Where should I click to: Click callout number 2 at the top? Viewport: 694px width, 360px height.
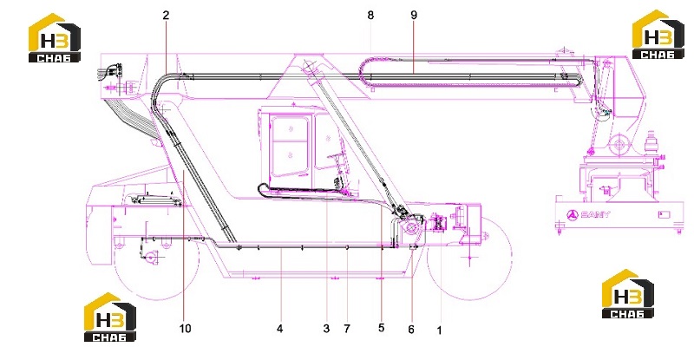click(x=166, y=15)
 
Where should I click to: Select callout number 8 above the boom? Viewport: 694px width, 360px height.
click(x=370, y=15)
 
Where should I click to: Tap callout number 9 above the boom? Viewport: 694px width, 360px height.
click(x=414, y=15)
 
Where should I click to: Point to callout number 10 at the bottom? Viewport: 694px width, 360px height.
click(x=186, y=329)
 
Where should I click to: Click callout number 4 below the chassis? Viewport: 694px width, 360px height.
click(x=279, y=329)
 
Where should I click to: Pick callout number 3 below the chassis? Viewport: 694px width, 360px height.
click(x=326, y=329)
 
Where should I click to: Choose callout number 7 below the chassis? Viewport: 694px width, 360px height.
click(x=346, y=329)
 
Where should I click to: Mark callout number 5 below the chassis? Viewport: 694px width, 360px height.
click(x=381, y=328)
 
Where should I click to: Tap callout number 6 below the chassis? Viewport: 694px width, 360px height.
click(x=411, y=330)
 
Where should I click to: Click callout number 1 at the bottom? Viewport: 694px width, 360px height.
click(x=440, y=331)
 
